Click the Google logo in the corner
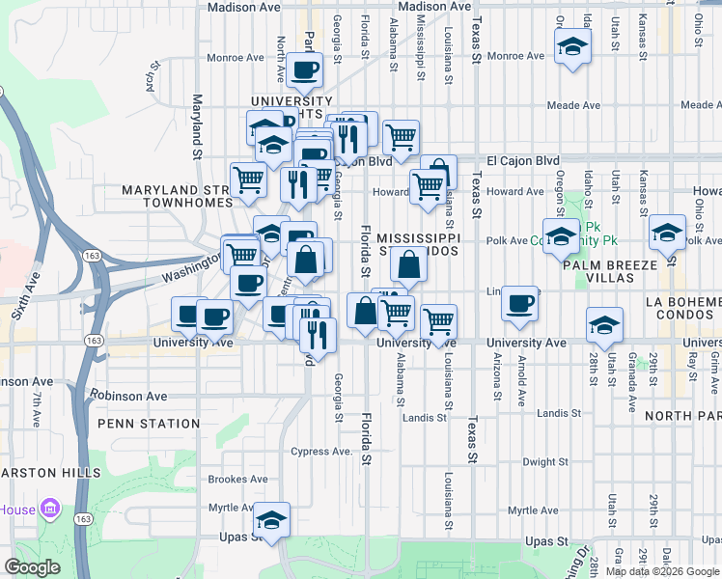pyautogui.click(x=32, y=567)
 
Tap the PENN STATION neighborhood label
pyautogui.click(x=148, y=424)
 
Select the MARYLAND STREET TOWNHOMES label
pyautogui.click(x=177, y=197)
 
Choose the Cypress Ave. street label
pyautogui.click(x=322, y=452)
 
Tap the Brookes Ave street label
pyautogui.click(x=238, y=479)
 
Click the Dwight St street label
pyautogui.click(x=545, y=462)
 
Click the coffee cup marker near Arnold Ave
pyautogui.click(x=519, y=302)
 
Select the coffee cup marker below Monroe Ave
pyautogui.click(x=305, y=69)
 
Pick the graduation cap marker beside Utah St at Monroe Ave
pyautogui.click(x=572, y=45)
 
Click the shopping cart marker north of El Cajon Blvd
pyautogui.click(x=401, y=137)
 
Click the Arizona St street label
pyautogui.click(x=497, y=375)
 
